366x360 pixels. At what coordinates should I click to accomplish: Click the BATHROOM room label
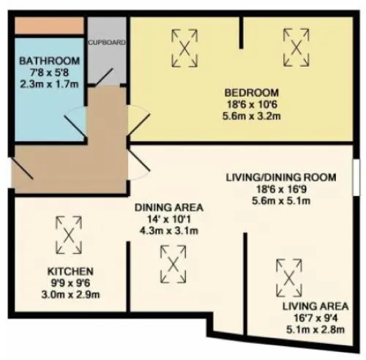tap(50, 61)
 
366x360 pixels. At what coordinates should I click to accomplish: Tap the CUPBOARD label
tap(107, 42)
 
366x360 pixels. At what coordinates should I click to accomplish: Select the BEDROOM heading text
tap(252, 93)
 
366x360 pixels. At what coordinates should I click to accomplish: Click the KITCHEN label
tap(70, 271)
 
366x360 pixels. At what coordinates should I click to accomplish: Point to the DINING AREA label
tap(169, 207)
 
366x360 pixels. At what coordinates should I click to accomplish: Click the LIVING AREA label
tap(315, 306)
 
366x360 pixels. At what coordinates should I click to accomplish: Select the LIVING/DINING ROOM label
tap(281, 177)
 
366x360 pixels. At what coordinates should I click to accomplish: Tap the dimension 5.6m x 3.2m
tap(252, 116)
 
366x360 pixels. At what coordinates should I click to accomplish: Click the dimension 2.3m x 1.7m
tap(50, 84)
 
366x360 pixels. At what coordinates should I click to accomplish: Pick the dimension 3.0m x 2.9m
tap(70, 295)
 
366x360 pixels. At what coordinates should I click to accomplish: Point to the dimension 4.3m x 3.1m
tap(169, 230)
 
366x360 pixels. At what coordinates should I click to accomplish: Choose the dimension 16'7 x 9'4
tap(315, 318)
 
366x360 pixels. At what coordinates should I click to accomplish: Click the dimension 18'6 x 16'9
tap(281, 189)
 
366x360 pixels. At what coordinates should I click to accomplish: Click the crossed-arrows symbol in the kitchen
tap(69, 235)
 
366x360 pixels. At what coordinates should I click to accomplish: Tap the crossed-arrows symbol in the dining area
tap(173, 264)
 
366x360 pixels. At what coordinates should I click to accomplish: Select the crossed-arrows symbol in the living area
tap(289, 278)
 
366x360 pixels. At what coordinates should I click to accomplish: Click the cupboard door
tap(104, 77)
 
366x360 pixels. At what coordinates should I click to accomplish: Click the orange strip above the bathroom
tap(50, 26)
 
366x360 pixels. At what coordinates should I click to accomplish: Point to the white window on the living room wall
tap(356, 177)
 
